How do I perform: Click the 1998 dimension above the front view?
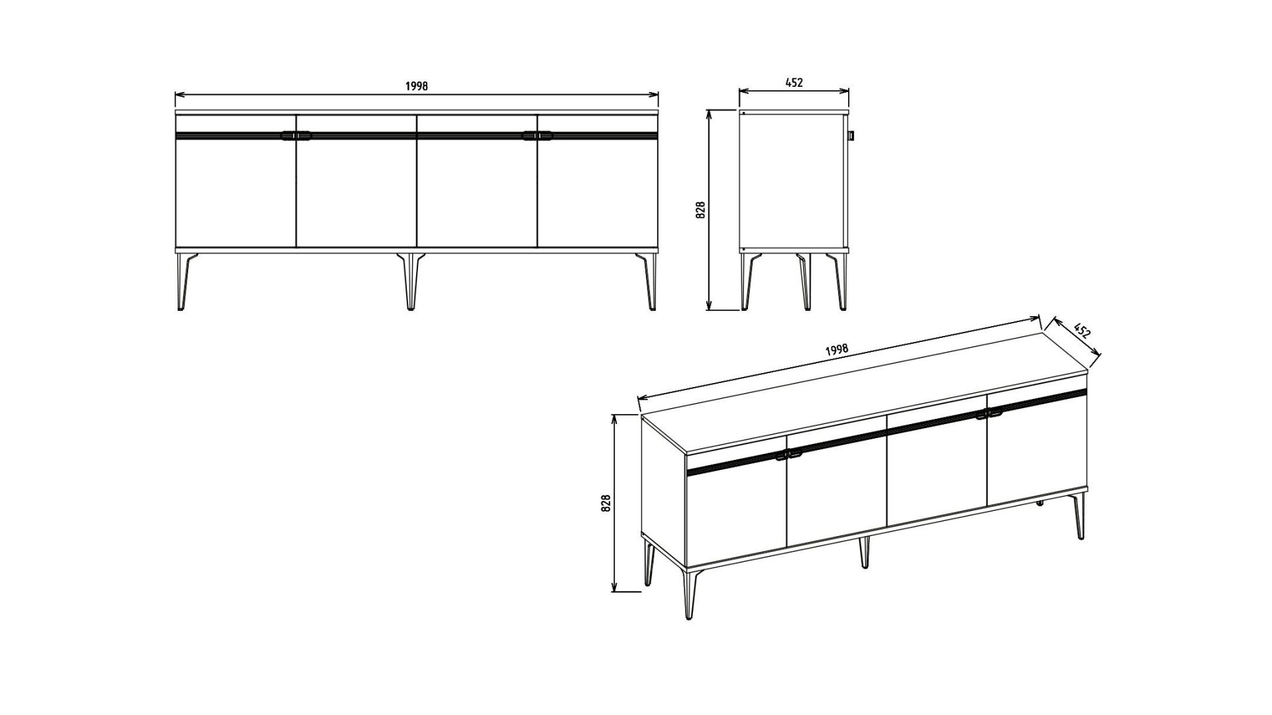pos(417,86)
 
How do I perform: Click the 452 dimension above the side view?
pos(794,83)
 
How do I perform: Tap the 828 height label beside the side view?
pos(702,210)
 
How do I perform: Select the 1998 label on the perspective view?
pos(837,351)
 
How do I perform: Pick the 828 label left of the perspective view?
pos(606,504)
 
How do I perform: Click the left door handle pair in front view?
pos(295,136)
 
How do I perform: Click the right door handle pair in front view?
pos(537,136)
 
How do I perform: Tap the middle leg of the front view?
pos(411,281)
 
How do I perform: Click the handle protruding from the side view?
pos(852,136)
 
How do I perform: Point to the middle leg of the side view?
pos(804,281)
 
